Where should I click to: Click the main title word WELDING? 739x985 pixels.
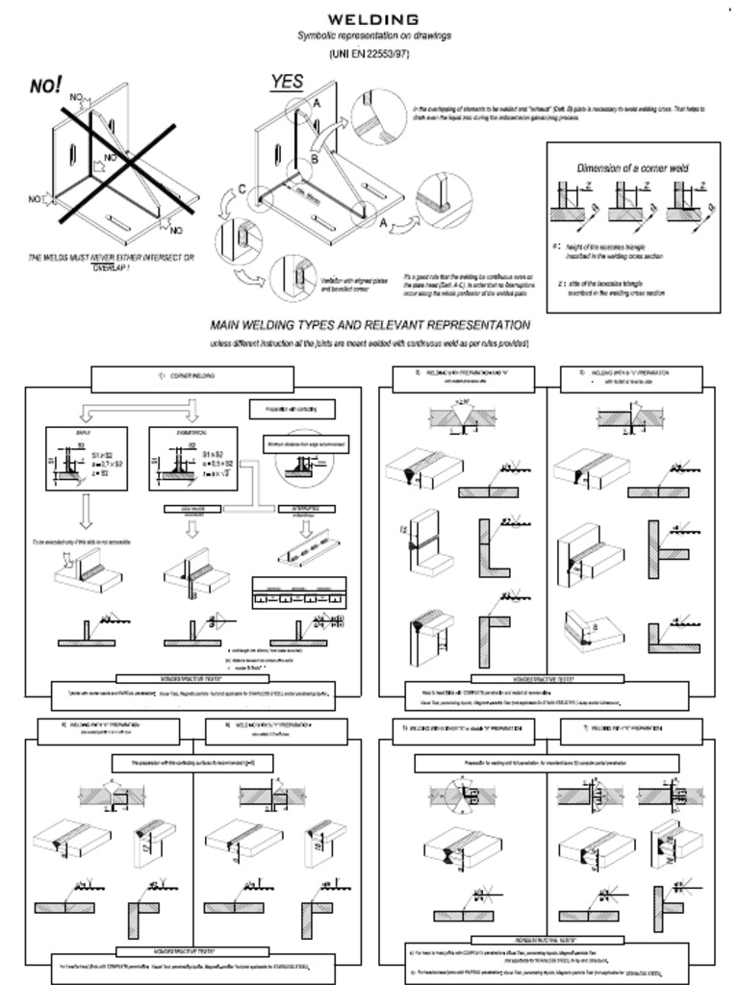[373, 19]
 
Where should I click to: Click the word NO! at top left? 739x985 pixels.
[45, 86]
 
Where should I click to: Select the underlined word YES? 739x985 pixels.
[287, 83]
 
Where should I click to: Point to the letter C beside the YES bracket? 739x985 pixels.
[242, 189]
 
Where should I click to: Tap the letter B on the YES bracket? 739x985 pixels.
[314, 160]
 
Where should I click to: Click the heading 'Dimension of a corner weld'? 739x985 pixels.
[632, 167]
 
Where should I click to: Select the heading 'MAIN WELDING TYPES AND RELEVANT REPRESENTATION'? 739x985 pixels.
[369, 325]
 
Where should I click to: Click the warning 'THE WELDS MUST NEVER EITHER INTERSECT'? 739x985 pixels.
[111, 258]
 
